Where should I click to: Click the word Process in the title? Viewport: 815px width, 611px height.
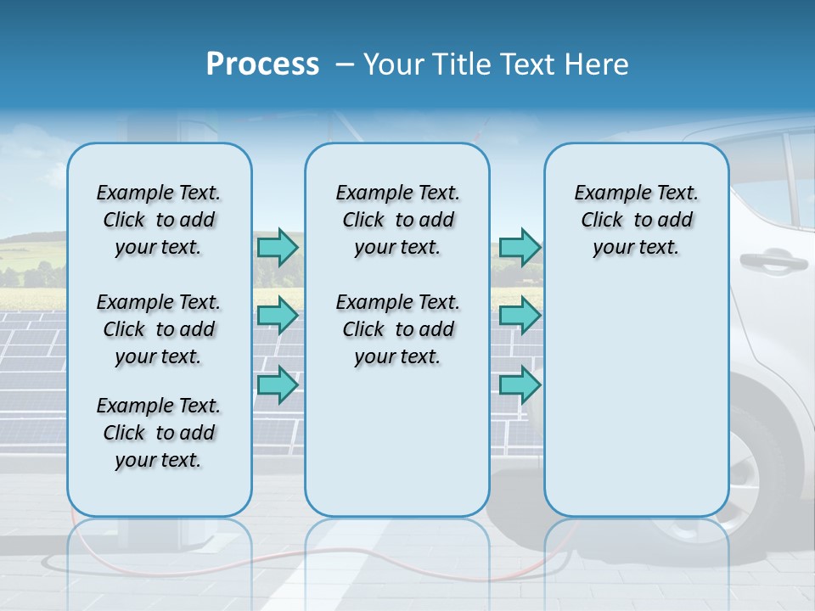point(262,64)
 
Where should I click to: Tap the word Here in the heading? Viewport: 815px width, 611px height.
point(597,64)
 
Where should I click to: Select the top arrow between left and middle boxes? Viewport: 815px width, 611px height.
point(278,247)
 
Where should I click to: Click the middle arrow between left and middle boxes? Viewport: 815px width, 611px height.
point(278,316)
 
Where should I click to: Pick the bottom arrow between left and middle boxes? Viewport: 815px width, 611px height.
point(278,384)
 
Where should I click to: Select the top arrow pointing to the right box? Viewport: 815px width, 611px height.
point(520,247)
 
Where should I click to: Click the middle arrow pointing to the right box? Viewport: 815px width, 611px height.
point(520,316)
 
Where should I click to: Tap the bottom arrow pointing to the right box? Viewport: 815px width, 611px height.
point(520,384)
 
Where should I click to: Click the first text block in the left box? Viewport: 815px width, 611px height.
point(159,220)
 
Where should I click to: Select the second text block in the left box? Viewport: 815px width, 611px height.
point(159,329)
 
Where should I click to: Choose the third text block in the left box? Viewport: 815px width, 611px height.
point(159,433)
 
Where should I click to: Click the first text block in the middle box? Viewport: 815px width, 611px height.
point(398,220)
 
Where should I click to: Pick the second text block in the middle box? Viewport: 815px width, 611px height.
point(398,329)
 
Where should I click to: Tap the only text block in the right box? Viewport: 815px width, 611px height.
point(637,220)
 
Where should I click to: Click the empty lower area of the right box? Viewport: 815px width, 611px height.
point(637,399)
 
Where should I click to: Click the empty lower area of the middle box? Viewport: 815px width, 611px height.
point(397,450)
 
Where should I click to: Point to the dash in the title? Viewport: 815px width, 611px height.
point(345,64)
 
